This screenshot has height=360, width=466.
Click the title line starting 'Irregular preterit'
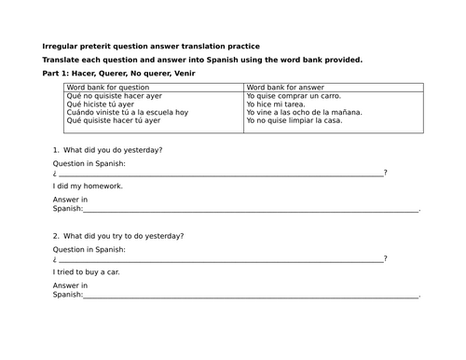pos(152,46)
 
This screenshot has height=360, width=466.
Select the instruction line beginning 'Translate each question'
pos(202,60)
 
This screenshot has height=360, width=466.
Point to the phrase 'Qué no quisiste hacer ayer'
pos(115,95)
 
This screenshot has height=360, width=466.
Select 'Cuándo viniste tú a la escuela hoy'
pos(127,112)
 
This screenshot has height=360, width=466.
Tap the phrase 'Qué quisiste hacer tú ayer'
pos(114,120)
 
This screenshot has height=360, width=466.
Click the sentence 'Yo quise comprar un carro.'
pos(294,95)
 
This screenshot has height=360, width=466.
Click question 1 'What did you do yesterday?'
pos(113,150)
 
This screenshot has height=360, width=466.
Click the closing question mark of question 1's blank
pos(385,173)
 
